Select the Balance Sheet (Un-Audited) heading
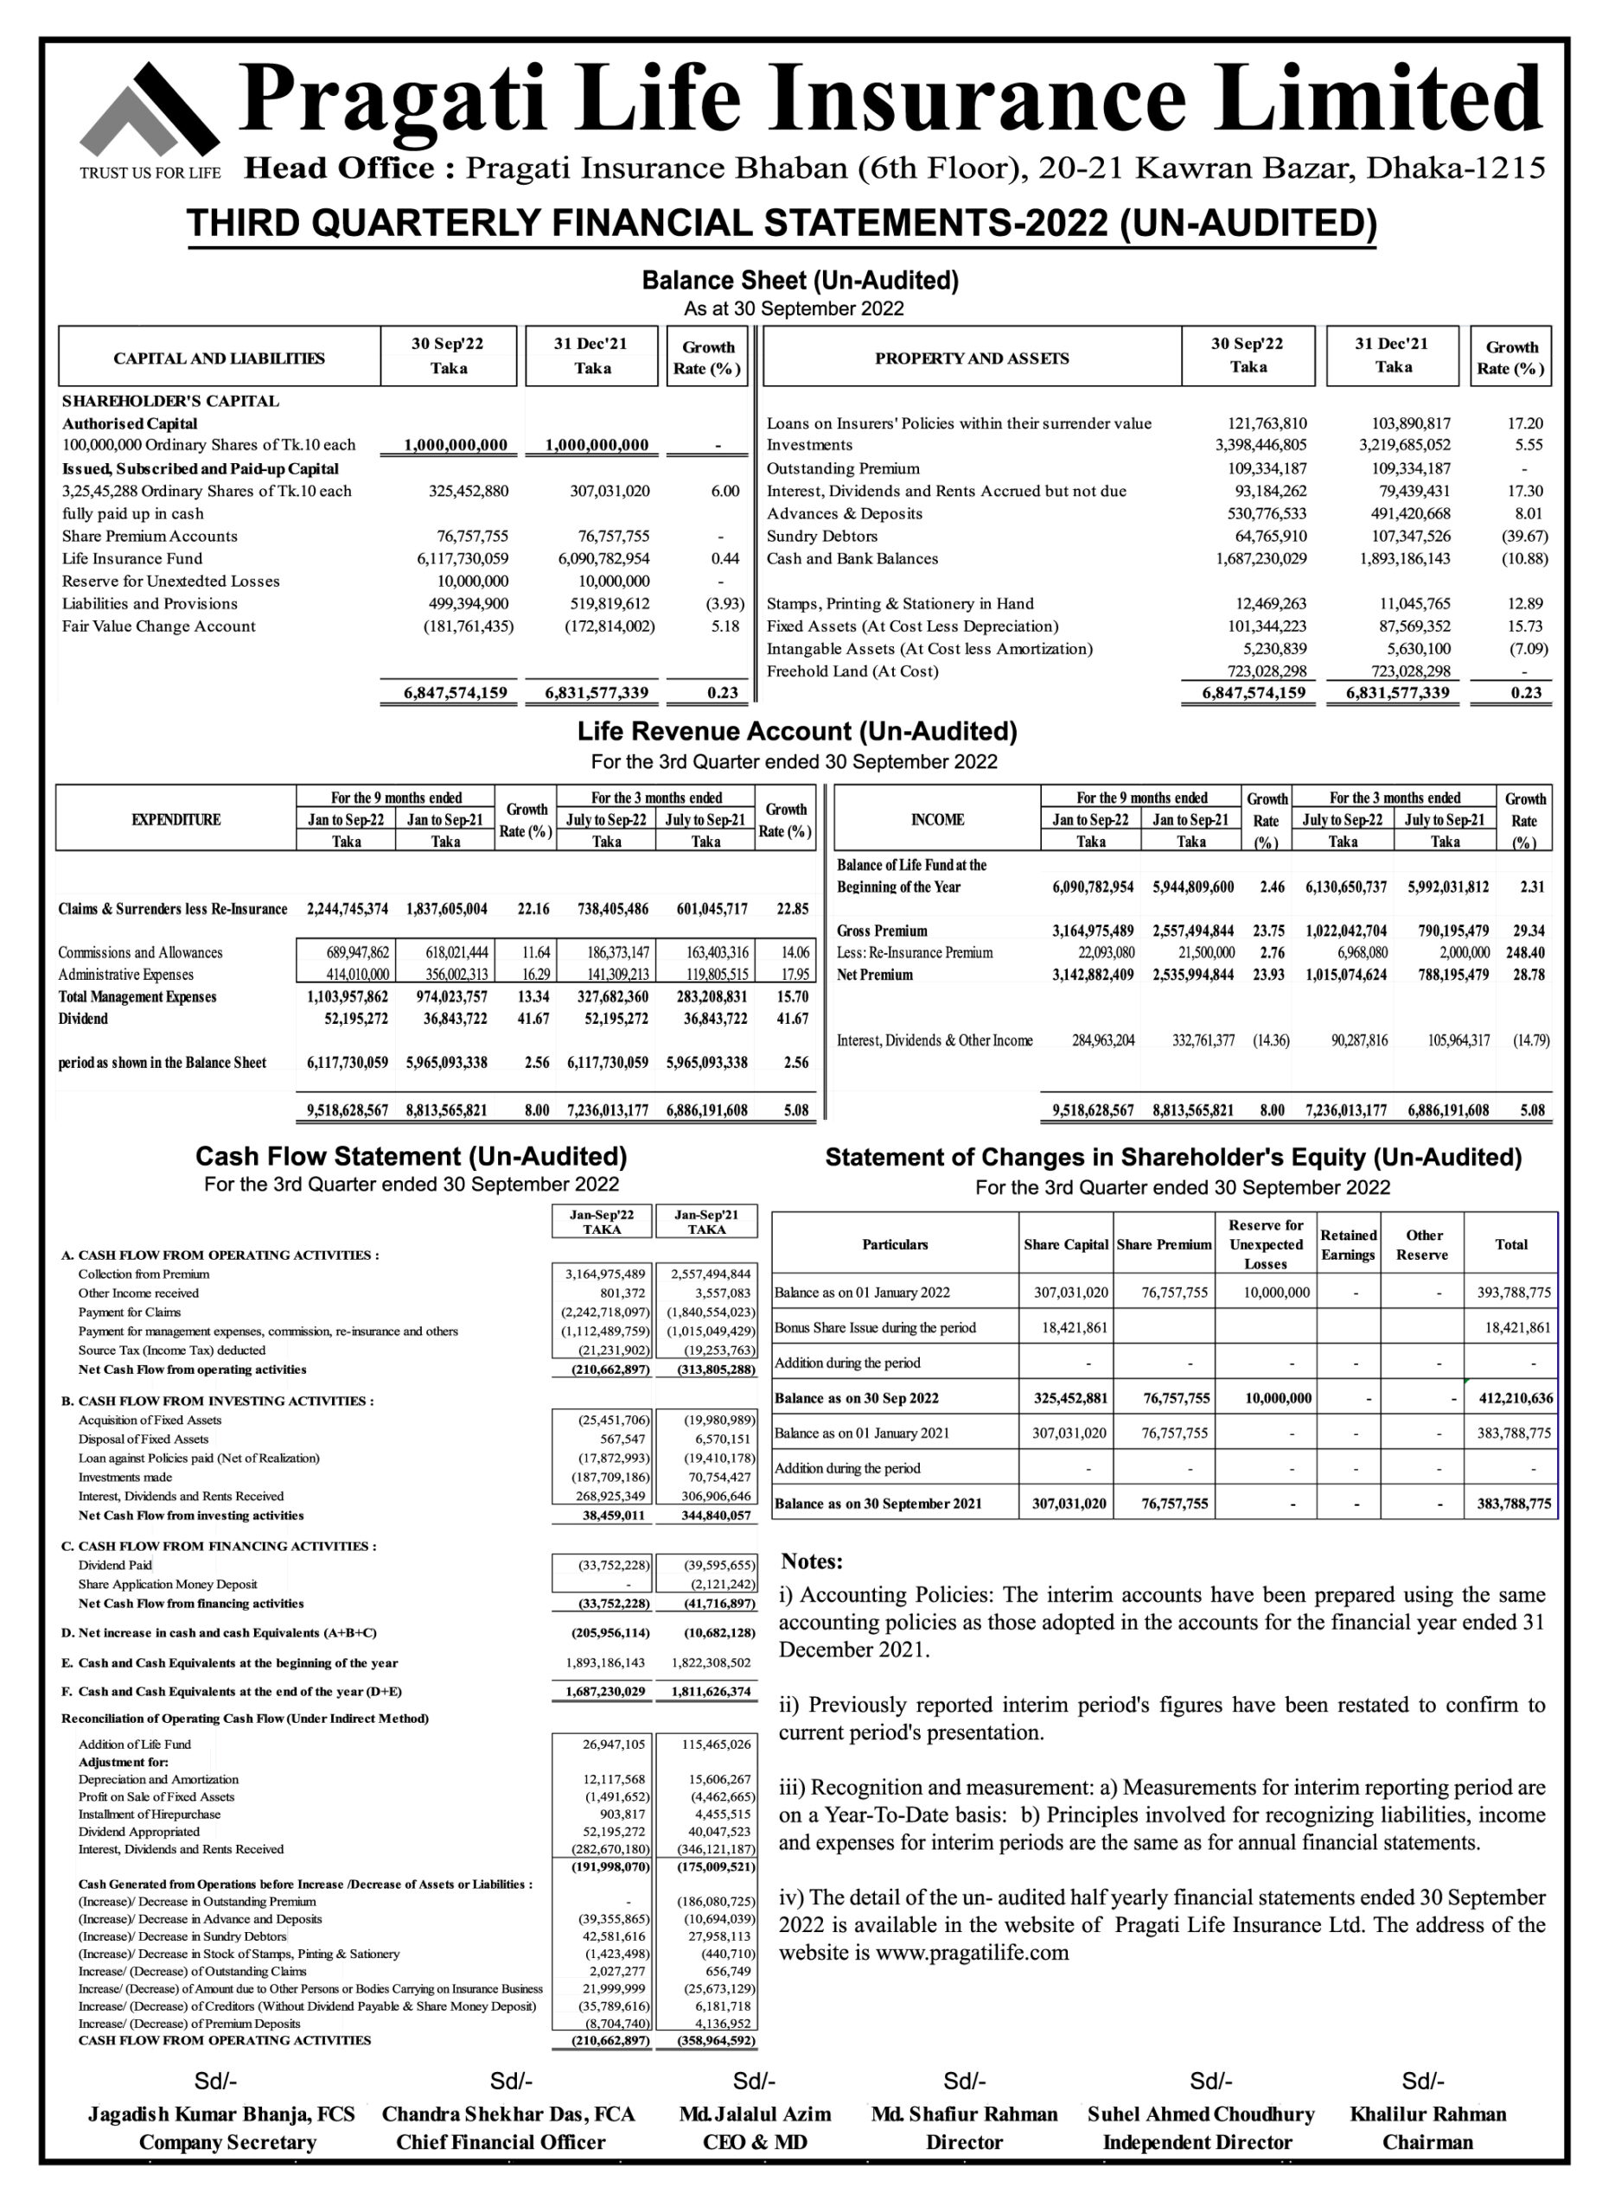pos(800,281)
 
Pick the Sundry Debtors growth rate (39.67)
pos(1524,537)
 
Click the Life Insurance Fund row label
pos(132,559)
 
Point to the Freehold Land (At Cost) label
pos(852,672)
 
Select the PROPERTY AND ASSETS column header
pos(972,359)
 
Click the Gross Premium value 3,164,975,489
pos(1092,931)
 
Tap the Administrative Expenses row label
pos(126,976)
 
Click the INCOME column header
pos(936,820)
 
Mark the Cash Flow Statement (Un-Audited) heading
pos(411,1157)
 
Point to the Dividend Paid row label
pos(115,1566)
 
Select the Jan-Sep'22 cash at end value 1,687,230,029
pos(605,1692)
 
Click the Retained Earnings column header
pos(1347,1245)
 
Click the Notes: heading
pos(812,1561)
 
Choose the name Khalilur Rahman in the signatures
pos(1427,2114)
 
